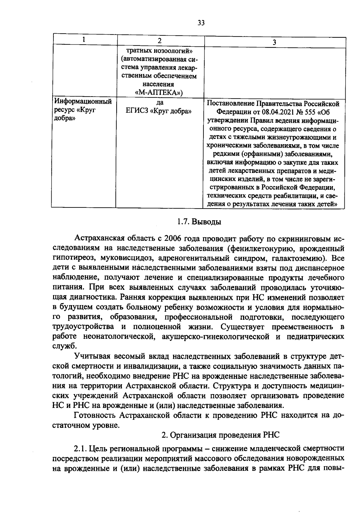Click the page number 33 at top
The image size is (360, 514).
coord(201,23)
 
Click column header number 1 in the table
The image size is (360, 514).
coord(84,40)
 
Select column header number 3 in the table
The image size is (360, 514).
coord(274,42)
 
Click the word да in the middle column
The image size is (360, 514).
coord(160,103)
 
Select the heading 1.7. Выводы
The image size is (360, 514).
coord(199,222)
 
